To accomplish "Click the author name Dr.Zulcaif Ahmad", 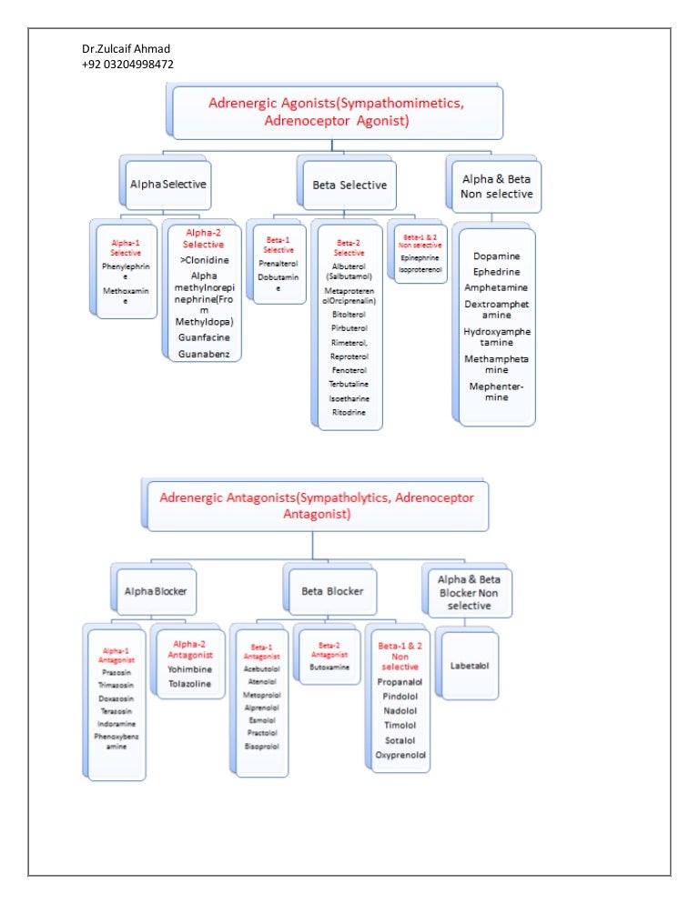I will coord(126,48).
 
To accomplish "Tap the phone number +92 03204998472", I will coord(127,64).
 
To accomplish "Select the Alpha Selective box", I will coord(167,184).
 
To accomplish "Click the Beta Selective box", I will coord(349,185).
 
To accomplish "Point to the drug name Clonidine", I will coord(206,261).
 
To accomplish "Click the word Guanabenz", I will coord(205,354).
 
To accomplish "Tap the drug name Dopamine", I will coord(496,256).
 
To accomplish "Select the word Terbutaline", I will coord(349,385).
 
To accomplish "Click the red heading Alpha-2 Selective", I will coord(204,238).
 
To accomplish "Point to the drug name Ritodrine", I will coord(349,412).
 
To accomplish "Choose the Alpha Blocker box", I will coord(156,591).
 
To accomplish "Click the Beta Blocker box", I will coord(332,591).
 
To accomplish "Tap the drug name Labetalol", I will coord(470,666).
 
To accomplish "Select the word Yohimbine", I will coord(188,669).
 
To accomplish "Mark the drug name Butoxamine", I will coord(329,667).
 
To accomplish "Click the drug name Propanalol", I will coord(400,680).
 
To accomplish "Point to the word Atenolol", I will coord(262,681).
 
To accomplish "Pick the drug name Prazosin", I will coord(115,673).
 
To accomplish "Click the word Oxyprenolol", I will coord(400,755).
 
